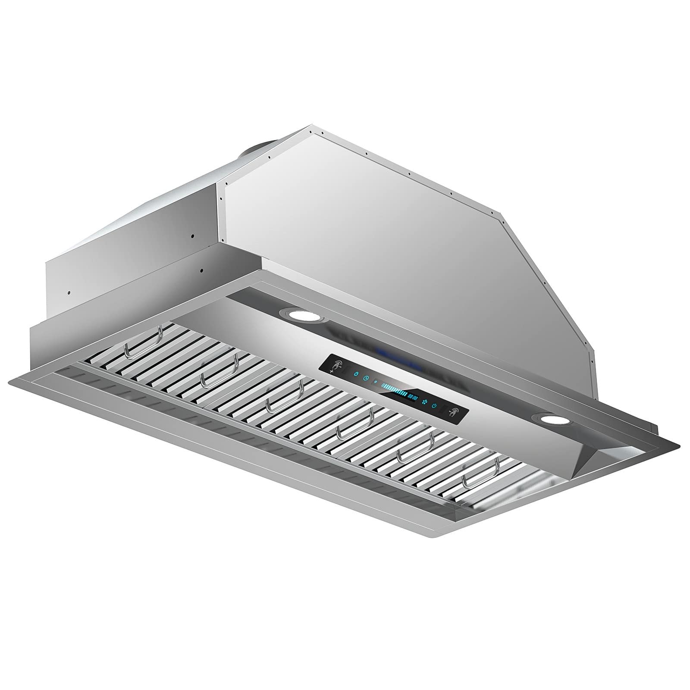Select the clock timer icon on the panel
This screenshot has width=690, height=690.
[366, 378]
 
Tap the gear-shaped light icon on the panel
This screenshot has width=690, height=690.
[356, 374]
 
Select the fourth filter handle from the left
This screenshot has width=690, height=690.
[354, 425]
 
